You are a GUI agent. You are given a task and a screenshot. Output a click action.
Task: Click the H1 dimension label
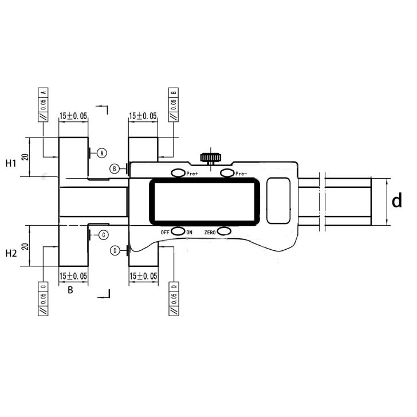tap(11, 163)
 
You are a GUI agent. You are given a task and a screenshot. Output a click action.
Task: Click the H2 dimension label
tap(11, 253)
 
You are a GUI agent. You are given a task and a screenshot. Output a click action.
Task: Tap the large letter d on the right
tap(396, 201)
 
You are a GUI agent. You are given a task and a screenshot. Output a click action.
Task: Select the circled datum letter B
tap(115, 168)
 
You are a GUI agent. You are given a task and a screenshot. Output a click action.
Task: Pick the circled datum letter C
tap(103, 234)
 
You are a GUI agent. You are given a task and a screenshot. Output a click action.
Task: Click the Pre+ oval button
tap(178, 173)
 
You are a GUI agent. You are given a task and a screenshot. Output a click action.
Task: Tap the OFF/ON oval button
tap(178, 231)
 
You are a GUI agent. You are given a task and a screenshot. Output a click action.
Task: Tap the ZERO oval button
tap(224, 231)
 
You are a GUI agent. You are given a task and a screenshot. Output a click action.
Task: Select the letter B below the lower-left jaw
tap(70, 290)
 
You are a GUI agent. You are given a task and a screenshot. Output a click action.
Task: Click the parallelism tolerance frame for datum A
tap(44, 104)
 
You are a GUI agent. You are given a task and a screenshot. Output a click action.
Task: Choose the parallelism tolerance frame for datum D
tap(174, 298)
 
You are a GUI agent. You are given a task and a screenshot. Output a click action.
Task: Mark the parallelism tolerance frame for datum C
tap(44, 298)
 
